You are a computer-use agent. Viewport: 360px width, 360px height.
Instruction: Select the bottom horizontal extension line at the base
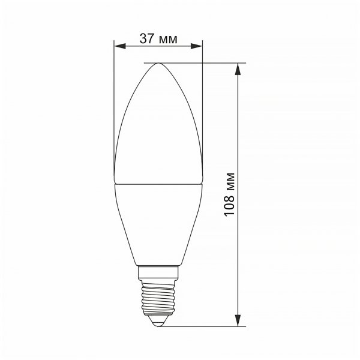pos(204,326)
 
